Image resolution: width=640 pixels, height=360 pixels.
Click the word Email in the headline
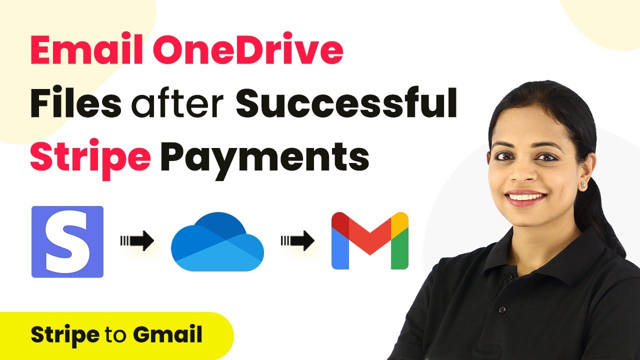point(86,49)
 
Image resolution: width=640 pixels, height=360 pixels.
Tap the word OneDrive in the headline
point(248,49)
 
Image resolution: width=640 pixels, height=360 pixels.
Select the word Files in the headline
point(75,102)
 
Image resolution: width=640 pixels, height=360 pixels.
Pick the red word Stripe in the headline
point(90,156)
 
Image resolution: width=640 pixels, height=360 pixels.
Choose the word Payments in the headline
point(264,158)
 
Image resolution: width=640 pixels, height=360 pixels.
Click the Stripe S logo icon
point(67,241)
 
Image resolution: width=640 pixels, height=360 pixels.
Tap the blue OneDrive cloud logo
point(217,241)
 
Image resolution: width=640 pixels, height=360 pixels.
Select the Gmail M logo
point(369,240)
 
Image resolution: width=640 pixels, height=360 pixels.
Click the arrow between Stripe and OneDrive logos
point(137,241)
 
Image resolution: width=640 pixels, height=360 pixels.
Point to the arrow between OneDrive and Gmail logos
point(297,241)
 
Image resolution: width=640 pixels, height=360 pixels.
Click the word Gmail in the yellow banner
point(167,334)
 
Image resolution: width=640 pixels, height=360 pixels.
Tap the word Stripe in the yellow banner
point(65,335)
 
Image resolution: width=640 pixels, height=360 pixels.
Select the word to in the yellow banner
point(116,335)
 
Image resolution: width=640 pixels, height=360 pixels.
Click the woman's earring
point(583,185)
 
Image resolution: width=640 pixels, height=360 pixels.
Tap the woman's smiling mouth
point(525,197)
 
